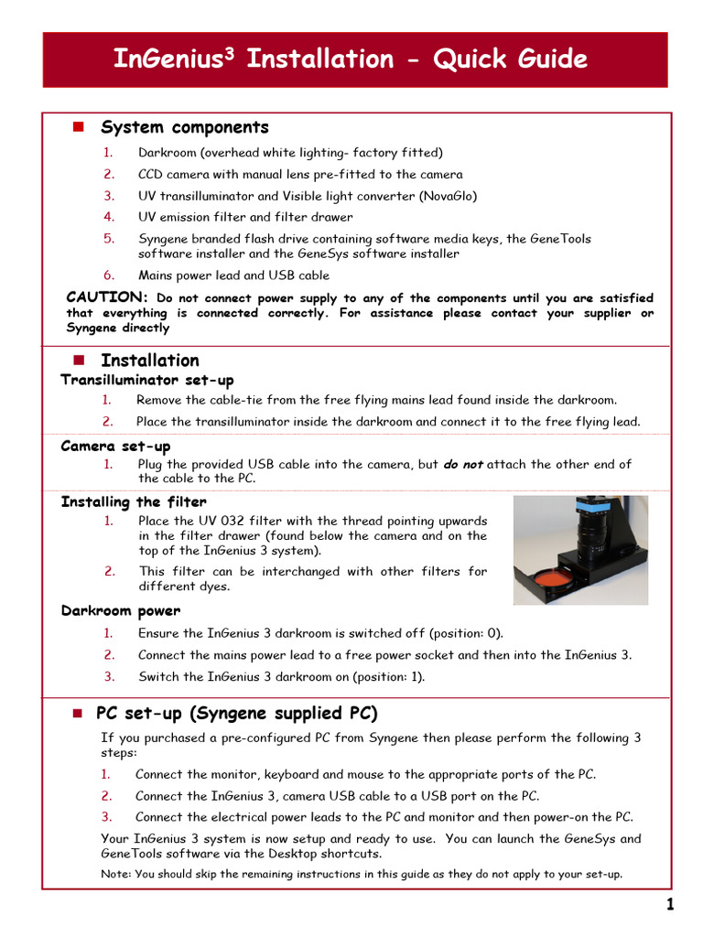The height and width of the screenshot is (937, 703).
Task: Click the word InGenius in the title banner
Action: click(x=168, y=59)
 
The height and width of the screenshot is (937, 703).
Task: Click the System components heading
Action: click(x=184, y=127)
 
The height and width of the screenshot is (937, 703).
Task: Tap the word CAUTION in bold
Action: click(x=107, y=297)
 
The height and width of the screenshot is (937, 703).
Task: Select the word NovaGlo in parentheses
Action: click(x=448, y=196)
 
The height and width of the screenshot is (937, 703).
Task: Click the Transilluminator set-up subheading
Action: click(x=146, y=380)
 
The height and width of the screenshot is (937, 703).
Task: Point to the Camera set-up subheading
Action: click(x=115, y=447)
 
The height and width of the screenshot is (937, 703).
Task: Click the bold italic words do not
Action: click(x=463, y=464)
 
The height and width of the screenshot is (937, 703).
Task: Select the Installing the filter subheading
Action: click(x=134, y=501)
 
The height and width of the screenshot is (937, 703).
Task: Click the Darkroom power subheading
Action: click(x=120, y=610)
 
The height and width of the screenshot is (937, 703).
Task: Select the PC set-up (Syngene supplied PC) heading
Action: click(x=236, y=714)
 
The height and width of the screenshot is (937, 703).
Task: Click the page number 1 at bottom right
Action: click(x=670, y=906)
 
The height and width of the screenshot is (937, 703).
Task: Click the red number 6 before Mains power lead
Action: click(x=108, y=275)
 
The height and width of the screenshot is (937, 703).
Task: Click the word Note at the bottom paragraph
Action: click(x=114, y=874)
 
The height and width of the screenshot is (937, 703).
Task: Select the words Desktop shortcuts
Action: click(x=327, y=854)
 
